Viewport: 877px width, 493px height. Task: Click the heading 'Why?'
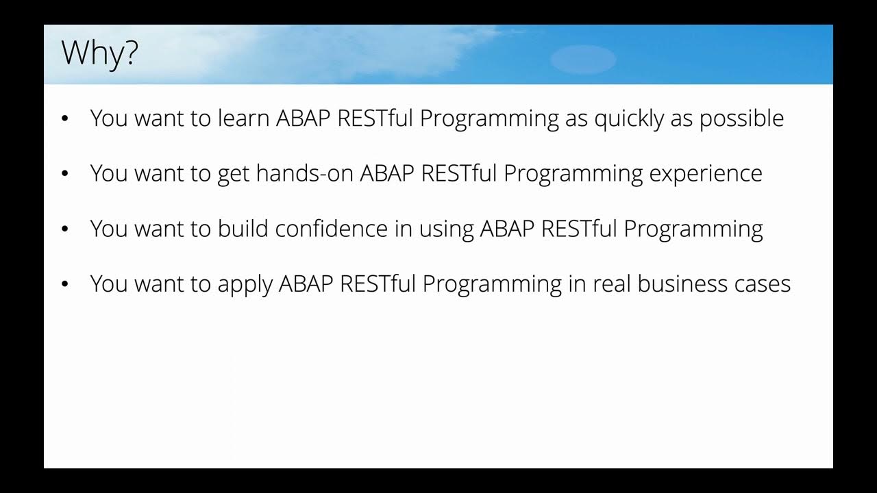pyautogui.click(x=100, y=53)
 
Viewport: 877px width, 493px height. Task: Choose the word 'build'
pyautogui.click(x=243, y=229)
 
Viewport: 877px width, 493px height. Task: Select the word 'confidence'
pyautogui.click(x=332, y=229)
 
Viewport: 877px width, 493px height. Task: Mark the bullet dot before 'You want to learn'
pyautogui.click(x=66, y=119)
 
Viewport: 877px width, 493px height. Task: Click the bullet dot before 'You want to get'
pyautogui.click(x=66, y=174)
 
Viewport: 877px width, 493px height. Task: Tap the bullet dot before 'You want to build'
pyautogui.click(x=66, y=229)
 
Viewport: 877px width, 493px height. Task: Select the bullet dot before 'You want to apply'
pyautogui.click(x=66, y=283)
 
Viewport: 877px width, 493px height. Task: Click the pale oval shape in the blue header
pyautogui.click(x=583, y=60)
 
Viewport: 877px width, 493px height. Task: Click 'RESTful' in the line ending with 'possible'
pyautogui.click(x=375, y=118)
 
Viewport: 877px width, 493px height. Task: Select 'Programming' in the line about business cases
pyautogui.click(x=492, y=284)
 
